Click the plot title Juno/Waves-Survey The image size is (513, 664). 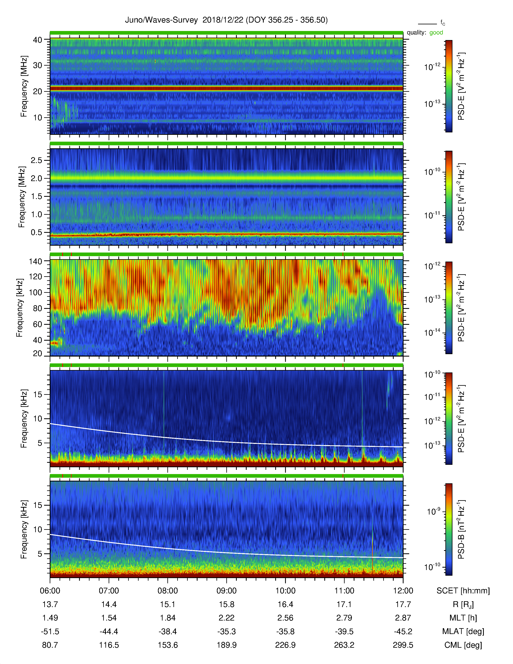161,20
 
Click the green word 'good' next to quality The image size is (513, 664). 436,33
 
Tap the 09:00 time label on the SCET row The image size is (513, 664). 226,591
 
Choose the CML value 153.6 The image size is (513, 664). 168,645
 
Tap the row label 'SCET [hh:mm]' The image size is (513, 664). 463,591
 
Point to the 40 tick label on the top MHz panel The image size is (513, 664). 37,40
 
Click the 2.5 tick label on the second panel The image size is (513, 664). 36,160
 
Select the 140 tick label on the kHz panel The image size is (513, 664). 35,261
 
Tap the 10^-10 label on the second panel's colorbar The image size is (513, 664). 432,172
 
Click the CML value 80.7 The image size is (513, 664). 50,645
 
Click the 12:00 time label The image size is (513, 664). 403,591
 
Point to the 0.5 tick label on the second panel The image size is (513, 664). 36,232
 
